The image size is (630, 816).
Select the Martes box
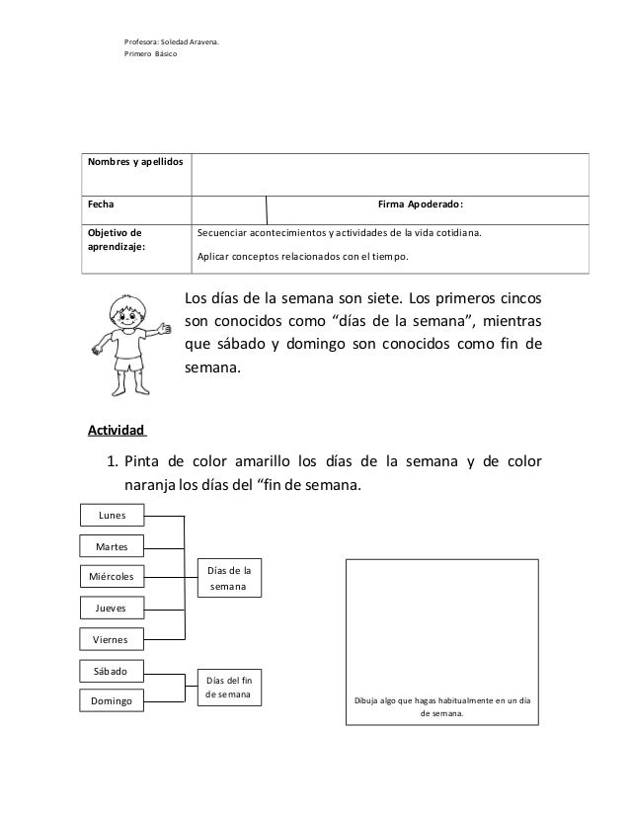(112, 546)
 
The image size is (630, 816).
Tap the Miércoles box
(112, 576)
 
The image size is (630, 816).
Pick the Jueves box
(112, 608)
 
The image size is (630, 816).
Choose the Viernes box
(112, 638)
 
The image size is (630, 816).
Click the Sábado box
(112, 670)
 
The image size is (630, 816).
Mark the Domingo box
(112, 700)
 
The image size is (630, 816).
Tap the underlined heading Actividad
(117, 431)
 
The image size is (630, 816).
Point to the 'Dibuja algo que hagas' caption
(442, 703)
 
